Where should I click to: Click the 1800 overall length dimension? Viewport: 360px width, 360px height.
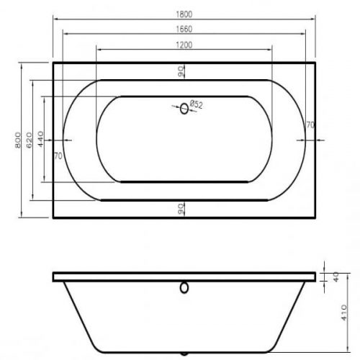184,14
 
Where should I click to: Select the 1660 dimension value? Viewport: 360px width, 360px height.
184,29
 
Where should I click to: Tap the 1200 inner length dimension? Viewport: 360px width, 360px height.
184,45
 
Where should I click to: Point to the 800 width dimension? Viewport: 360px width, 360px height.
18,140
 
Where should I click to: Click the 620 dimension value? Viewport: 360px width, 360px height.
29,140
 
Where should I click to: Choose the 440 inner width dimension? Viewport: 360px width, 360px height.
40,139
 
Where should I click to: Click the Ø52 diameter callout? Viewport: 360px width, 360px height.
197,104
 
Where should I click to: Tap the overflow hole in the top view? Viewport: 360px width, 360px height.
184,109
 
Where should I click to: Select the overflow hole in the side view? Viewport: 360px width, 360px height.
184,288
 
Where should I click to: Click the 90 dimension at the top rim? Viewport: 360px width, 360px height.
181,71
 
